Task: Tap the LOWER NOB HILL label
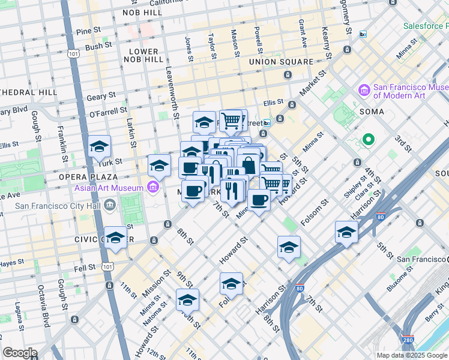(142, 56)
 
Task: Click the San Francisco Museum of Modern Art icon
(364, 91)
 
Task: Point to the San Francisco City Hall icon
(109, 206)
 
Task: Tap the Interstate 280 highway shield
(408, 341)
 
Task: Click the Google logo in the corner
(20, 353)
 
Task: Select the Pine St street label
(88, 30)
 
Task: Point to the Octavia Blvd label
(44, 314)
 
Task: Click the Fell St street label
(84, 267)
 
